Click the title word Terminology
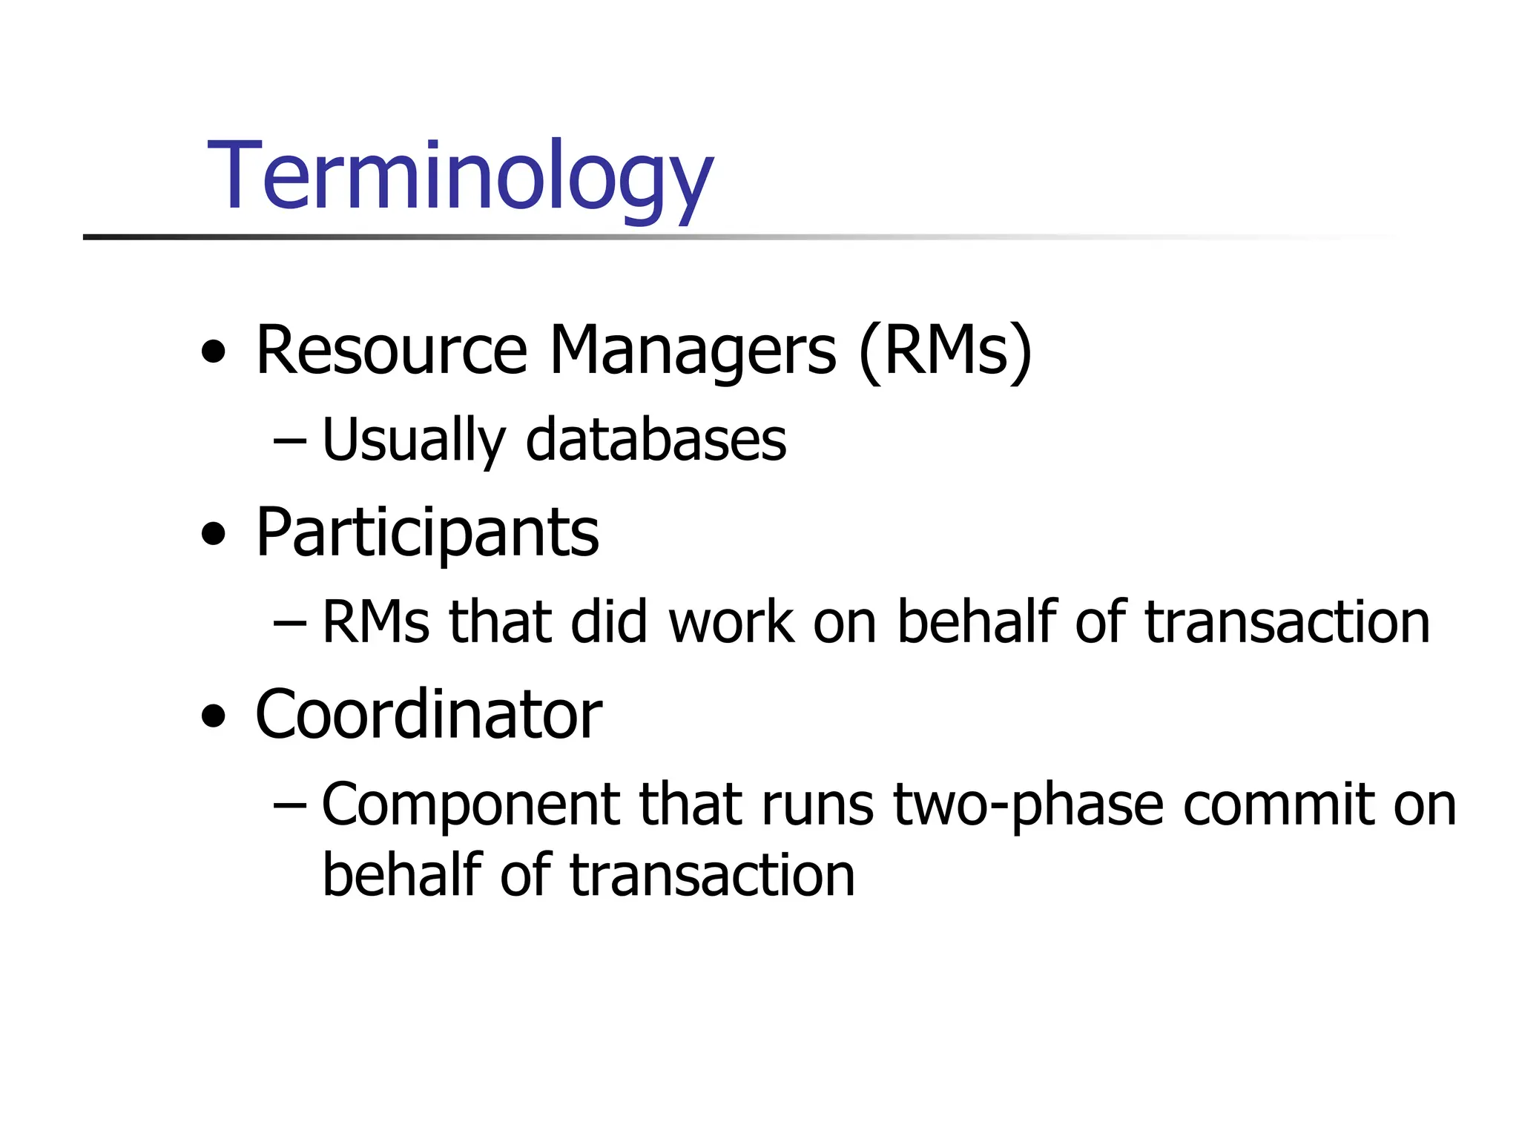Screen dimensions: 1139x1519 click(x=460, y=178)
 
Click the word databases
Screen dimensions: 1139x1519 click(x=656, y=440)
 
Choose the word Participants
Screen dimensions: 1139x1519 click(x=427, y=532)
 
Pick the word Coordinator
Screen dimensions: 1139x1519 click(x=429, y=714)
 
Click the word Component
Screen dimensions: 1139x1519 click(x=470, y=805)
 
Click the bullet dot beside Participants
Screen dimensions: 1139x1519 click(x=214, y=534)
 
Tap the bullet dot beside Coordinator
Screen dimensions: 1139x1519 click(x=214, y=716)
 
